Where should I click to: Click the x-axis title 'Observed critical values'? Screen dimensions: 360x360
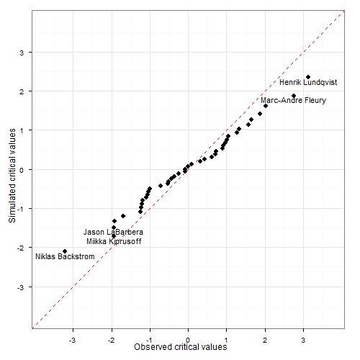[181, 347]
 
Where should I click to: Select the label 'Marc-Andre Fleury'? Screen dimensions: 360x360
[293, 100]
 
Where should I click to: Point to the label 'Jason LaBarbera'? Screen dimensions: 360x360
[113, 232]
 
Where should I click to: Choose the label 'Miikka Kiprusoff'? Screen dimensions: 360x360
[114, 241]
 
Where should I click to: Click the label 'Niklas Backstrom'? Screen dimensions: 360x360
[66, 257]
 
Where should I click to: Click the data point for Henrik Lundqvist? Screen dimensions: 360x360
[308, 77]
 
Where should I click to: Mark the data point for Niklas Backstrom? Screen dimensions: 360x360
[65, 251]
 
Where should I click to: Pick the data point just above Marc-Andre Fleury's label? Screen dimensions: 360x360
[294, 96]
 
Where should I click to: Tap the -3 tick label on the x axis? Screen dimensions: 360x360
[72, 338]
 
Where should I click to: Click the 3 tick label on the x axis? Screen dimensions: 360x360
[304, 338]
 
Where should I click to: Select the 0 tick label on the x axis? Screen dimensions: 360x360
[189, 338]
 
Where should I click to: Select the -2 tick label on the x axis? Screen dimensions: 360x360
[110, 338]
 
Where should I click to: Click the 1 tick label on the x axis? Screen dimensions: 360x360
[227, 338]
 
